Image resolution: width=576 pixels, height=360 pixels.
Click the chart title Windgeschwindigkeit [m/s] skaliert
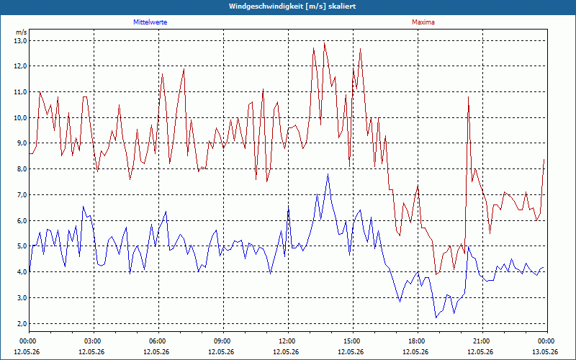[292, 6]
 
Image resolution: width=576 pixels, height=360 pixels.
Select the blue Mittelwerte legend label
[150, 22]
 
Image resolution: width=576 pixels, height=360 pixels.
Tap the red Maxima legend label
[423, 22]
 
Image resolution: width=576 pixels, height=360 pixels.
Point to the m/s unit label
[22, 32]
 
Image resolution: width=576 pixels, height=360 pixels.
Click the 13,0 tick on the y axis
[21, 41]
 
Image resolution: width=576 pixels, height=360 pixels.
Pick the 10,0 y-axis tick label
[21, 118]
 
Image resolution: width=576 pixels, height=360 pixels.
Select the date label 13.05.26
[545, 351]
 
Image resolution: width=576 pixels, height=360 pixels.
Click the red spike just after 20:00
[469, 97]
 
